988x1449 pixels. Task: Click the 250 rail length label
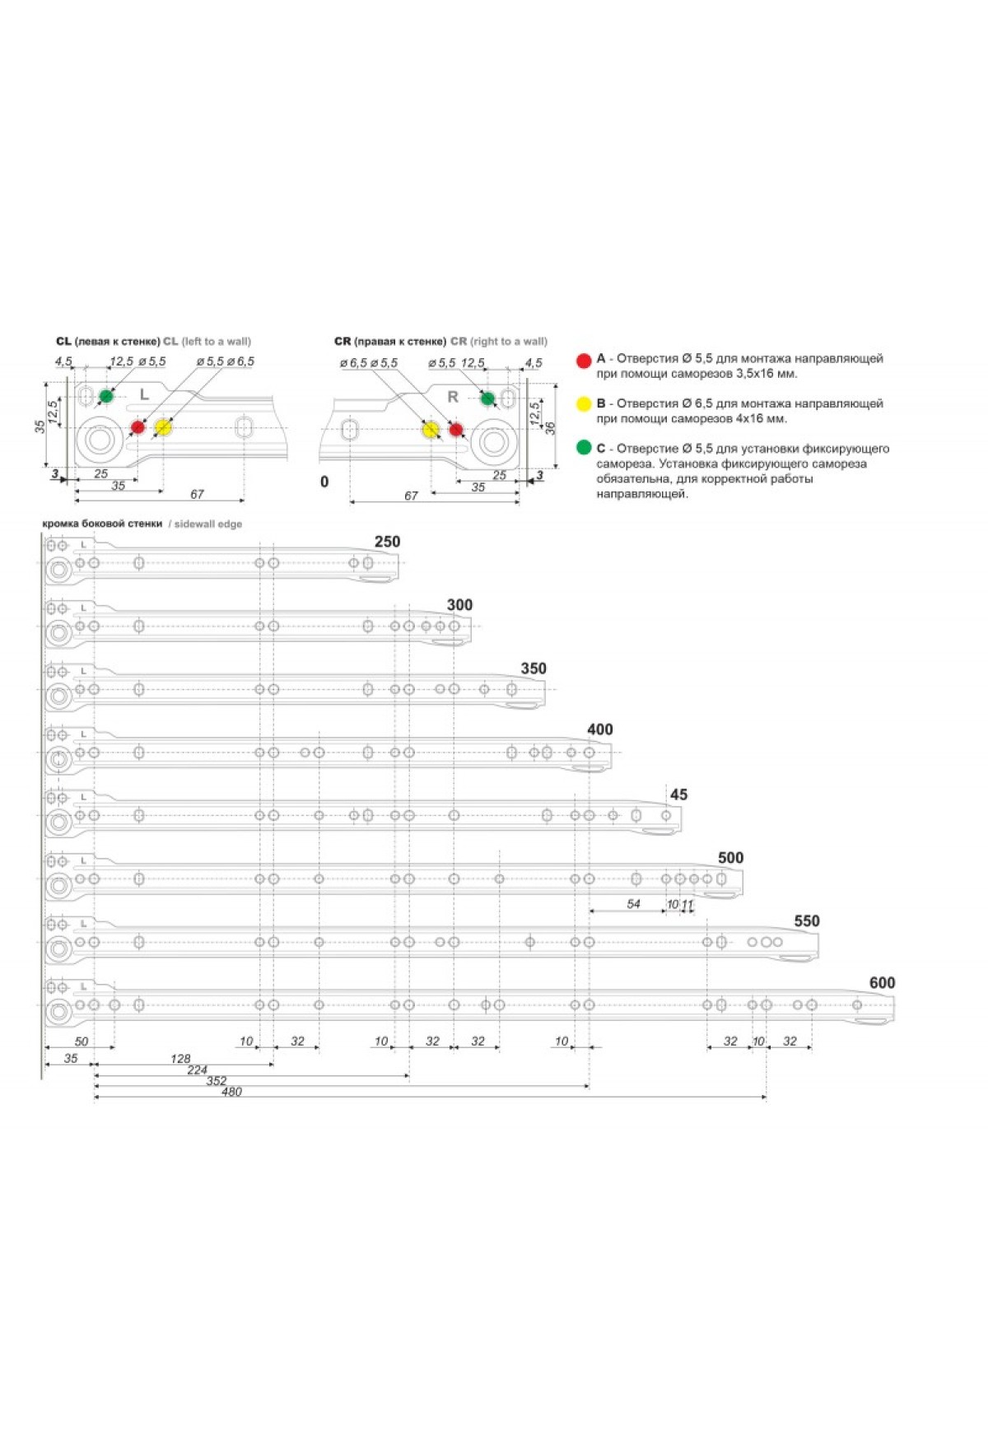pyautogui.click(x=387, y=542)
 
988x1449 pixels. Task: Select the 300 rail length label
pyautogui.click(x=459, y=605)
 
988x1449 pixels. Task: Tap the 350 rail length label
pyautogui.click(x=534, y=669)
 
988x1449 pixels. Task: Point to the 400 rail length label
pyautogui.click(x=600, y=729)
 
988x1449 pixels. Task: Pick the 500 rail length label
pyautogui.click(x=731, y=858)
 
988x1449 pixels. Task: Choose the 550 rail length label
pyautogui.click(x=807, y=921)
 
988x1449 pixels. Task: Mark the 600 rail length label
pyautogui.click(x=883, y=983)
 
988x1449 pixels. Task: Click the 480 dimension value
pyautogui.click(x=232, y=1092)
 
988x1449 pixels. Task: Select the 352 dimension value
pyautogui.click(x=216, y=1081)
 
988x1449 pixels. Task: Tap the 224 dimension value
pyautogui.click(x=197, y=1070)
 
